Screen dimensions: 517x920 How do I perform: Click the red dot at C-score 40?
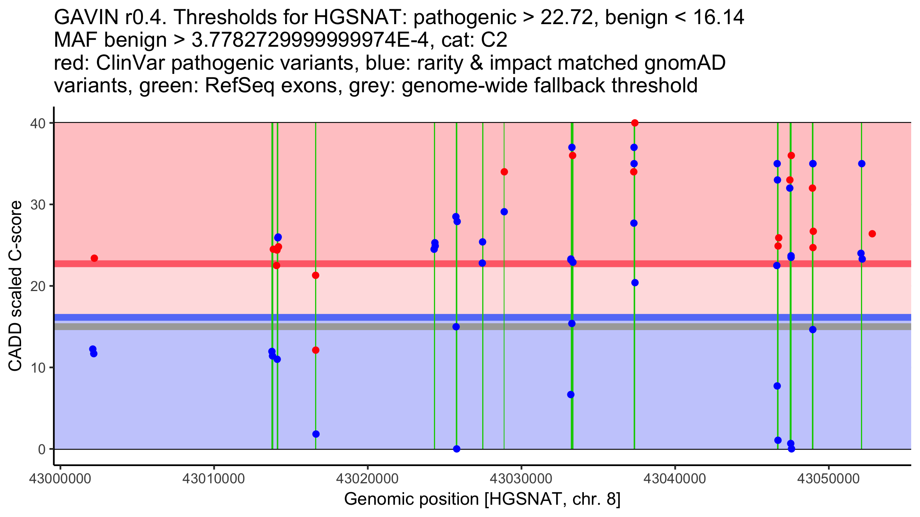point(635,123)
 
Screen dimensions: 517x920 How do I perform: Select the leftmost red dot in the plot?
point(94,258)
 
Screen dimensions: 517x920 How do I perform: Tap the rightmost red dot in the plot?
point(872,234)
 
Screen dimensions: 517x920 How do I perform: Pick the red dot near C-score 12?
point(315,350)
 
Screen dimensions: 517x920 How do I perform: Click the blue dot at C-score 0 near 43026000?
point(457,449)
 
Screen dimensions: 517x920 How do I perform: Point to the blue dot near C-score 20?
point(635,283)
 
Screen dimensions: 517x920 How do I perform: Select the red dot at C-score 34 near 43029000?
point(504,172)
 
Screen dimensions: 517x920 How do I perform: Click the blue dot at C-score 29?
point(504,212)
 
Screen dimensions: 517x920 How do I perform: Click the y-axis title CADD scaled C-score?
point(15,286)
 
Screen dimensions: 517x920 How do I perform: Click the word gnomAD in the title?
point(685,63)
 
